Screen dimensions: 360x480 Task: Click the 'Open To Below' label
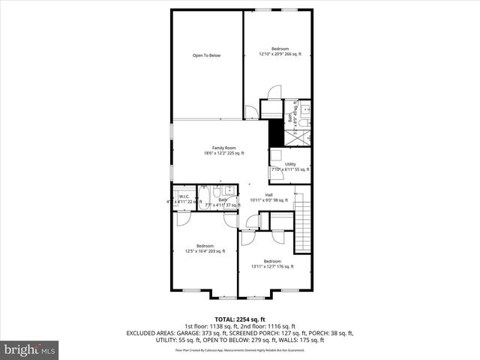[x=206, y=55]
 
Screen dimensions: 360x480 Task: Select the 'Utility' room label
[x=290, y=163]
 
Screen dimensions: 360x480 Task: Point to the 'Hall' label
[x=268, y=195]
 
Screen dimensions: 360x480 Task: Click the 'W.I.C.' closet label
[x=184, y=196]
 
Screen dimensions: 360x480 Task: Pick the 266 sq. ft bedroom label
[x=280, y=49]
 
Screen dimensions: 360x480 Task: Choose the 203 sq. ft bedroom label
[x=205, y=246]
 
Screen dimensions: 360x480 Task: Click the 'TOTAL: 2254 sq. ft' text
[x=240, y=319]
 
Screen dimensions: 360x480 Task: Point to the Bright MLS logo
[x=30, y=349]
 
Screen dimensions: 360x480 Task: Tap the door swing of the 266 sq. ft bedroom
[x=274, y=93]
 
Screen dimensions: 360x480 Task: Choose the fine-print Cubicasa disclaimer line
[x=240, y=349]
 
